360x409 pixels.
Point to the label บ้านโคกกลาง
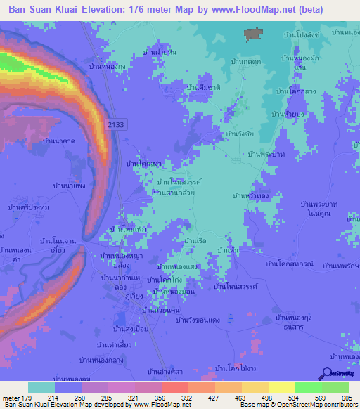coord(295,91)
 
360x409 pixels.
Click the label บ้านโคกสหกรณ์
coord(289,263)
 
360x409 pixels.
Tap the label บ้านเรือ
coord(193,241)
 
